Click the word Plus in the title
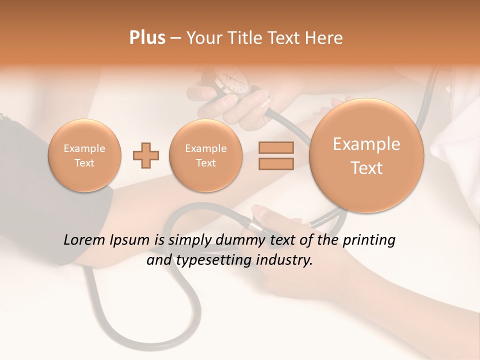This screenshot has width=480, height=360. (147, 37)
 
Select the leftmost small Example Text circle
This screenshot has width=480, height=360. (84, 155)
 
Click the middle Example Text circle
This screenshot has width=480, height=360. (205, 155)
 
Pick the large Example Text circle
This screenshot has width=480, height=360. (366, 155)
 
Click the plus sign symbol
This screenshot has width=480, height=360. (146, 155)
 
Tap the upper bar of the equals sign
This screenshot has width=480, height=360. (276, 147)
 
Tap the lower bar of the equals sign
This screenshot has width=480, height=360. (276, 164)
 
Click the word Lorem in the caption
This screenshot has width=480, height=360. (83, 240)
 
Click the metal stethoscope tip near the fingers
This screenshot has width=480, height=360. (255, 225)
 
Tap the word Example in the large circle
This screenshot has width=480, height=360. (366, 144)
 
